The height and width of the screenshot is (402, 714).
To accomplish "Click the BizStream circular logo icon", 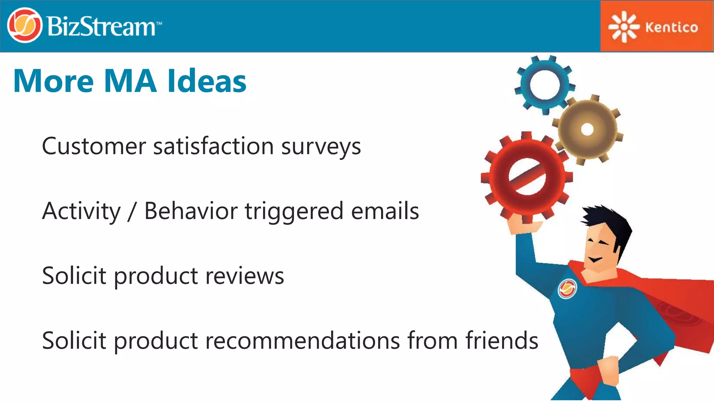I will pos(24,25).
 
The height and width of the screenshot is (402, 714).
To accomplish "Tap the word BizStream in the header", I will pos(101,27).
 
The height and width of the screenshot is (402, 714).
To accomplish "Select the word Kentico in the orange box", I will pos(671,27).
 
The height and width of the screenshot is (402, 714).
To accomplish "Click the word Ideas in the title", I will pos(207,81).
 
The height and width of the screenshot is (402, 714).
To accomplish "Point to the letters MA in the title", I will pos(130,81).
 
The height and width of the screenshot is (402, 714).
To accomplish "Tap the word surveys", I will pos(321,147).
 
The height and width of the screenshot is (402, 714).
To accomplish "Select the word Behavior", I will pos(191,211).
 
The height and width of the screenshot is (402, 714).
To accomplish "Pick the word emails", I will pos(385,211).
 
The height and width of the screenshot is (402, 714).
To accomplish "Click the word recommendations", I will pos(302,341).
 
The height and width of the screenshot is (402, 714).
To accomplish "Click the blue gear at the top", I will pos(545,85).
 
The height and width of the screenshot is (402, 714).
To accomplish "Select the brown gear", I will pos(588,129).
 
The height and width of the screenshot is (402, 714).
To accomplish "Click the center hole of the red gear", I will pos(527,176).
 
